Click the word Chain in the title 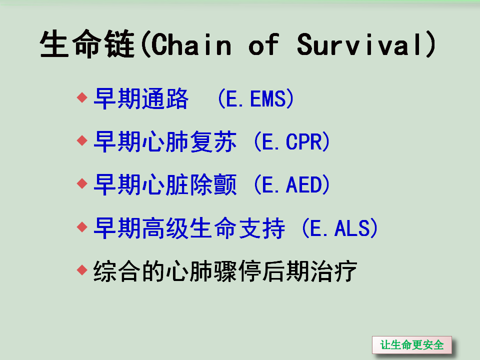pyautogui.click(x=191, y=44)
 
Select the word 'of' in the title pyautogui.click(x=264, y=44)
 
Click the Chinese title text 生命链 pyautogui.click(x=87, y=44)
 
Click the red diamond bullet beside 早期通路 pyautogui.click(x=82, y=97)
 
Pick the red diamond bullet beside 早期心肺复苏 pyautogui.click(x=82, y=140)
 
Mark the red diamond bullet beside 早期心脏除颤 pyautogui.click(x=82, y=183)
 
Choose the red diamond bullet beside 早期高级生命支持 pyautogui.click(x=82, y=227)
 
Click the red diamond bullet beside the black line pyautogui.click(x=82, y=270)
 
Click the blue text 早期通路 pyautogui.click(x=141, y=98)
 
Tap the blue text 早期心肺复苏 pyautogui.click(x=165, y=141)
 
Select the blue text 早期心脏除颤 pyautogui.click(x=165, y=184)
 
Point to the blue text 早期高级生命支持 pyautogui.click(x=189, y=228)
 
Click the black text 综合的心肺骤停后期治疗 pyautogui.click(x=225, y=271)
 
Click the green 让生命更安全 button pyautogui.click(x=411, y=345)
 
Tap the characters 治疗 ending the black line pyautogui.click(x=333, y=271)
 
